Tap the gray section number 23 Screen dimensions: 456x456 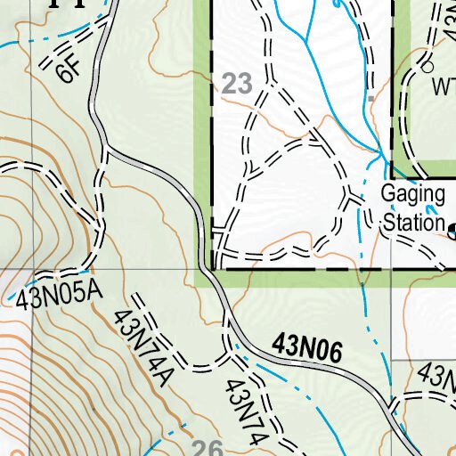coord(237,85)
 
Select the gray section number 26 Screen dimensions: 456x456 coord(207,447)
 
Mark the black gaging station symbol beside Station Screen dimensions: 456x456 coord(452,231)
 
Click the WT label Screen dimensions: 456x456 coord(444,88)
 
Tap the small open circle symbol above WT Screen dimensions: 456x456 coord(427,67)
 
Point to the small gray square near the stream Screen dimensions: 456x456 coord(370,102)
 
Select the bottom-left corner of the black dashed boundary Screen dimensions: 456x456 coord(214,266)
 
